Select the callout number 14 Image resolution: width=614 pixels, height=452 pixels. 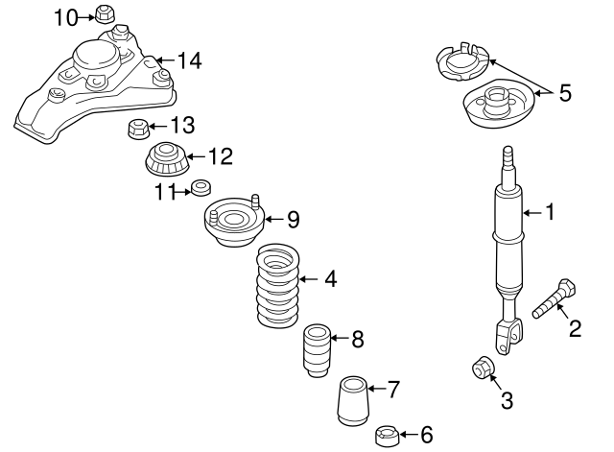[x=189, y=61]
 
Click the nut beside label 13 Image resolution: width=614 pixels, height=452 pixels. [x=137, y=128]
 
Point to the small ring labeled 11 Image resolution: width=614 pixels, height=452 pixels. [x=201, y=186]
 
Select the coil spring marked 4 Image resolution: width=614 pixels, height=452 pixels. [x=275, y=286]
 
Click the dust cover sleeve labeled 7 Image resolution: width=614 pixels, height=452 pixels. [x=353, y=400]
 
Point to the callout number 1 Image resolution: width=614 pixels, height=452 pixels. [x=550, y=212]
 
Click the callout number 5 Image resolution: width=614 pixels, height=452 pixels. [x=564, y=92]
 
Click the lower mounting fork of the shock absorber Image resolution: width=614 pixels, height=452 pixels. [x=509, y=336]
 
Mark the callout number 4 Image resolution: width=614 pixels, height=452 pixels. [x=330, y=280]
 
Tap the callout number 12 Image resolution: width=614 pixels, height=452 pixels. [x=220, y=155]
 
